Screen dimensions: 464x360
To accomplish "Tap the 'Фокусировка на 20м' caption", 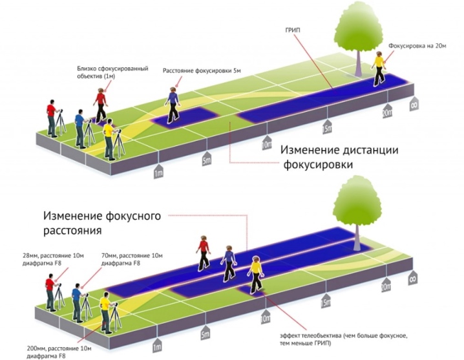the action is (417, 46).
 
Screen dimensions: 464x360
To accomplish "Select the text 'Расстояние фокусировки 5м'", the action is (202, 71).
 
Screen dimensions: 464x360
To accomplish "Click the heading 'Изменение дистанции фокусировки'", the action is (339, 157).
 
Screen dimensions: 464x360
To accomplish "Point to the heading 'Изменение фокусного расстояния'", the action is (102, 222).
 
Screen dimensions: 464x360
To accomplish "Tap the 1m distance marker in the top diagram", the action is (158, 171).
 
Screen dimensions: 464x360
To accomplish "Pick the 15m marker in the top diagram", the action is (327, 127).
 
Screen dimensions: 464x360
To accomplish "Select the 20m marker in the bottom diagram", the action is (386, 285).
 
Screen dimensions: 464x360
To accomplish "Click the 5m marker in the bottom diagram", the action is (206, 333).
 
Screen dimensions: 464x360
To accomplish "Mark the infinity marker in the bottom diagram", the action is (413, 278).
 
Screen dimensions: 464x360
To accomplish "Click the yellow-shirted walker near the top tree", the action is (379, 69).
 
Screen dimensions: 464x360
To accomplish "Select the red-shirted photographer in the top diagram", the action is (52, 118).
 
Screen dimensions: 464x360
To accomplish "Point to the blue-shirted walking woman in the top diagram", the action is (172, 105).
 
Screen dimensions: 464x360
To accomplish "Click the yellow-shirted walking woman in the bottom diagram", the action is (255, 275).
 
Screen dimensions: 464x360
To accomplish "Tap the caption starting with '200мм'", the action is (59, 352).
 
